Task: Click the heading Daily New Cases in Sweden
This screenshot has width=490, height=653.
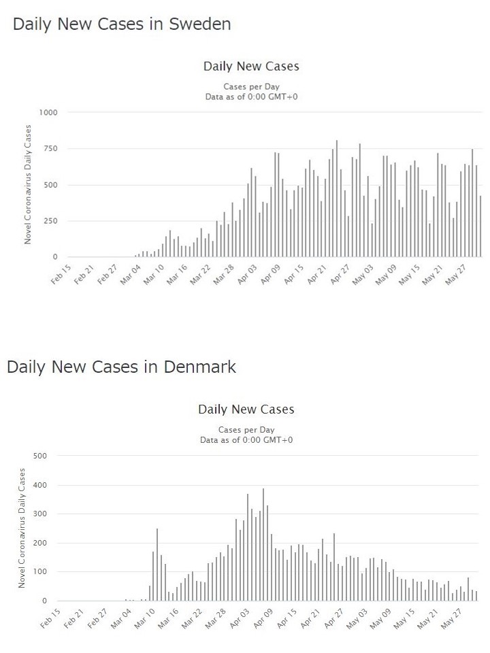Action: point(122,24)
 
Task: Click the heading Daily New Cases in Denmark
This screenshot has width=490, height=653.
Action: point(121,367)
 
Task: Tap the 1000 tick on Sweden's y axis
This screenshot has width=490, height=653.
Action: point(48,112)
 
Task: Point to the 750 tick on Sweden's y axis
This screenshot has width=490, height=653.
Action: point(50,148)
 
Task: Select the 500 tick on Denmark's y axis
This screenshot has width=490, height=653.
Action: point(39,455)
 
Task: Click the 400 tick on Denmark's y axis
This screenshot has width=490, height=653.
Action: point(39,485)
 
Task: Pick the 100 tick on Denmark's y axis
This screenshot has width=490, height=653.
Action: point(39,572)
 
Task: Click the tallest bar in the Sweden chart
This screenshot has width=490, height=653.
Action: point(336,199)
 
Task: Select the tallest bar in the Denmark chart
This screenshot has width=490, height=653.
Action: point(263,544)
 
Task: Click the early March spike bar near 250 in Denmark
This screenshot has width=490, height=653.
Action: point(157,565)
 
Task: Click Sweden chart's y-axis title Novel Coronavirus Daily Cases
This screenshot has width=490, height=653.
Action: point(28,184)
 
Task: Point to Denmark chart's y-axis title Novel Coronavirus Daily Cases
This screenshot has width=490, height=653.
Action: point(22,528)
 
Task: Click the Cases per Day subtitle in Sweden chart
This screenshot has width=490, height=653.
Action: point(251,86)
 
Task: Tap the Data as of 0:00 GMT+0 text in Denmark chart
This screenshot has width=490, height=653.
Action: point(246,440)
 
